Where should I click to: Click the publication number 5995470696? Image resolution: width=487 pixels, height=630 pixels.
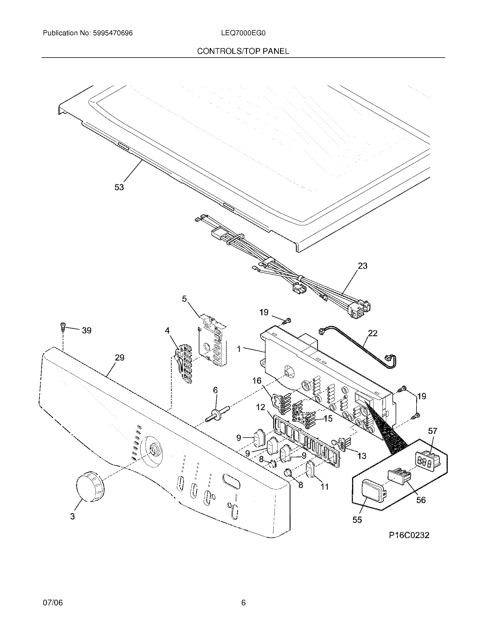(113, 33)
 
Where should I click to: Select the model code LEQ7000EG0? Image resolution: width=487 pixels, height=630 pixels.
(243, 33)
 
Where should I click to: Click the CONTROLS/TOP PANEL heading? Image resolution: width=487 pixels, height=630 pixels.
(243, 51)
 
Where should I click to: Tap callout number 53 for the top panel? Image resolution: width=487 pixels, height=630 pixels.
(119, 187)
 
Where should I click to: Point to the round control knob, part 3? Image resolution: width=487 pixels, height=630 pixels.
(90, 487)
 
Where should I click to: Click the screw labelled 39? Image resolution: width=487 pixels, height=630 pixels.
(63, 326)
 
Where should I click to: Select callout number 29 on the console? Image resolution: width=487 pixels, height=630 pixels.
(119, 358)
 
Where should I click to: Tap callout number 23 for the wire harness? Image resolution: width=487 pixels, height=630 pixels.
(363, 266)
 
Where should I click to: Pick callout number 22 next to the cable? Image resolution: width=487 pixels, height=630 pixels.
(373, 333)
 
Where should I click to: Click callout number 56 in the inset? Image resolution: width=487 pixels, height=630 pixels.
(421, 500)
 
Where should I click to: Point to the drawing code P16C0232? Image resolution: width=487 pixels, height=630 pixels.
(409, 535)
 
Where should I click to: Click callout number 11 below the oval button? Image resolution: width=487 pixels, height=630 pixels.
(325, 487)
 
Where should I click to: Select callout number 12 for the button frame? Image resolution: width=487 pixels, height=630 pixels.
(260, 407)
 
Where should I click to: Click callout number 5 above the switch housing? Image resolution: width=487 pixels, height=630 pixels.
(184, 299)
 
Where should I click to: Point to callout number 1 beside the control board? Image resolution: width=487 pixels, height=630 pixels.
(239, 349)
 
